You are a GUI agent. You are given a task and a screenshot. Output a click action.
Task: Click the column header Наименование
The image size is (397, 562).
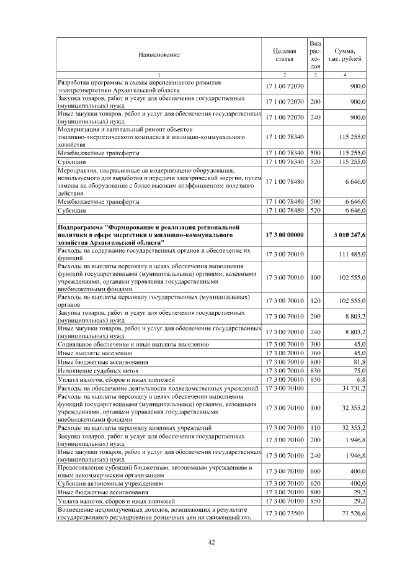(x=159, y=55)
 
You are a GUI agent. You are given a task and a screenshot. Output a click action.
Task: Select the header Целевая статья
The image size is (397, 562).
(x=284, y=55)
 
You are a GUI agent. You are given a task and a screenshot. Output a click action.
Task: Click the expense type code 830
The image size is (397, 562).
(x=315, y=370)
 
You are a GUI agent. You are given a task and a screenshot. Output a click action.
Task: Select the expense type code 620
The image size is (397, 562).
(x=315, y=482)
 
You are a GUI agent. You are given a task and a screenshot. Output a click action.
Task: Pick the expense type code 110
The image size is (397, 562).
(x=315, y=428)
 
